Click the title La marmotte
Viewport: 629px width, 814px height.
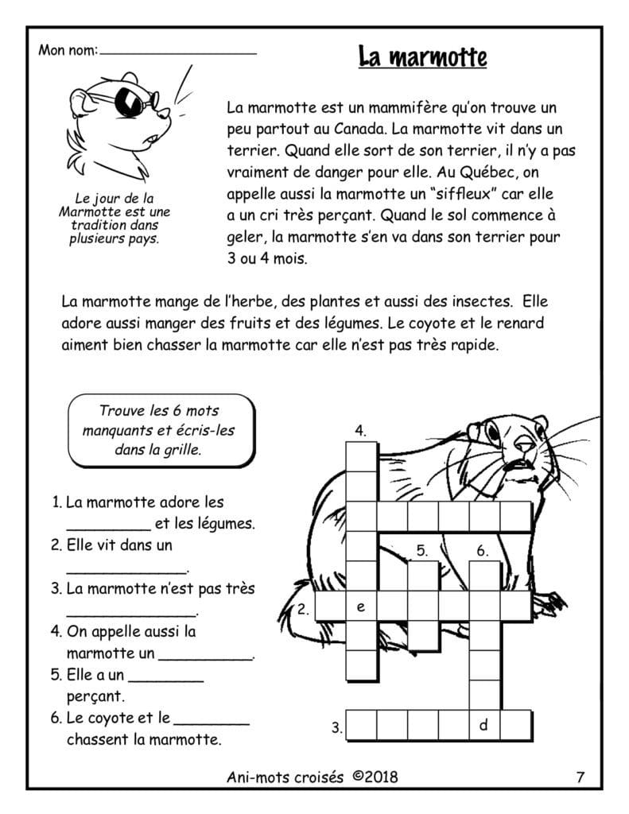point(421,57)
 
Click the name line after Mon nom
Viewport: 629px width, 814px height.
point(179,52)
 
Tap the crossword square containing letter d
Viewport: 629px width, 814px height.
point(483,725)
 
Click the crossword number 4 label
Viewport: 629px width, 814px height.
point(360,431)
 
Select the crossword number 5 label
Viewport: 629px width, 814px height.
point(422,550)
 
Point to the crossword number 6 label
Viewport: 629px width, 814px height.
point(483,550)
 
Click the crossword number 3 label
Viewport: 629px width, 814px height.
point(337,727)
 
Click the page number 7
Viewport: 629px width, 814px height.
point(580,777)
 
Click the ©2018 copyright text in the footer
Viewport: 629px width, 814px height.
point(375,777)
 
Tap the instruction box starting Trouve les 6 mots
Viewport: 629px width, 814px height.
point(161,430)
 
